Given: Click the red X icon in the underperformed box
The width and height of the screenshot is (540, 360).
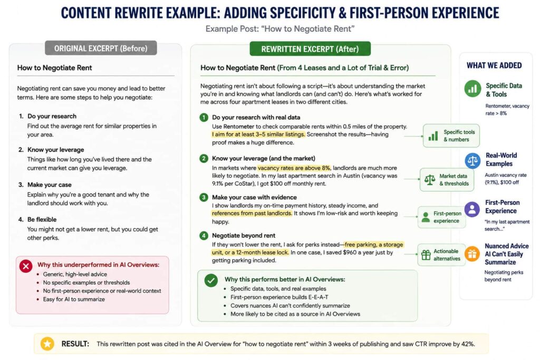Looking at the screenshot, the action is click(26, 266).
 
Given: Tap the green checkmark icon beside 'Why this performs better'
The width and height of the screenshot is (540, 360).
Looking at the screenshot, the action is click(211, 280).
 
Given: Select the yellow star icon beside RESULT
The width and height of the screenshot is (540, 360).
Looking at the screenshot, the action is click(47, 344).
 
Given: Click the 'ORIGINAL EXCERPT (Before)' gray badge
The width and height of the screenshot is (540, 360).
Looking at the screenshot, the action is click(101, 48).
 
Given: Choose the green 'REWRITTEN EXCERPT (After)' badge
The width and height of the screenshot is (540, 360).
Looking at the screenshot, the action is click(310, 49).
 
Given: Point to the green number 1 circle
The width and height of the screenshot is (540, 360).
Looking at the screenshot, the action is click(204, 118).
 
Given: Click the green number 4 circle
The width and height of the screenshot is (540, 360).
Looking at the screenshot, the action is click(204, 236).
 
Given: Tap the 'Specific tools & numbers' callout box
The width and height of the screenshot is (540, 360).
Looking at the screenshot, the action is click(451, 135).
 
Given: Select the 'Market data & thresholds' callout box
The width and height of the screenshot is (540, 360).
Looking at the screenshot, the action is click(447, 180).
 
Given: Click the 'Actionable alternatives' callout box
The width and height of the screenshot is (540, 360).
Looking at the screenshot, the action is click(442, 255).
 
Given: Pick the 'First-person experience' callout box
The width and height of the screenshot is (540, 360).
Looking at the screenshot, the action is click(442, 217).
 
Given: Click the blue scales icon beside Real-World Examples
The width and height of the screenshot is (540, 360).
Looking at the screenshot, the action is click(472, 160).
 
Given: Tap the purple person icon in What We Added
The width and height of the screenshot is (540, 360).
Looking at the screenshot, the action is click(472, 209).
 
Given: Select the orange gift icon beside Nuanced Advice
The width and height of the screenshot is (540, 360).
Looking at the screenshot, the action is click(472, 254).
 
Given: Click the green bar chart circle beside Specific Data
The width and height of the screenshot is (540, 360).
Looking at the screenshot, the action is click(472, 89).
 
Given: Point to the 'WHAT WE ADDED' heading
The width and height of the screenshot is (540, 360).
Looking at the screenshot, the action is click(494, 65).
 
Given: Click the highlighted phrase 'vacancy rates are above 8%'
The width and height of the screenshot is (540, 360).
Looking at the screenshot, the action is click(294, 168).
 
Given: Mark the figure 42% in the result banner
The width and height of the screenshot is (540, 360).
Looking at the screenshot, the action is click(468, 344).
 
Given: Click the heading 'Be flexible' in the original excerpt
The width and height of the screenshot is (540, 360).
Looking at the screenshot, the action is click(42, 220).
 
